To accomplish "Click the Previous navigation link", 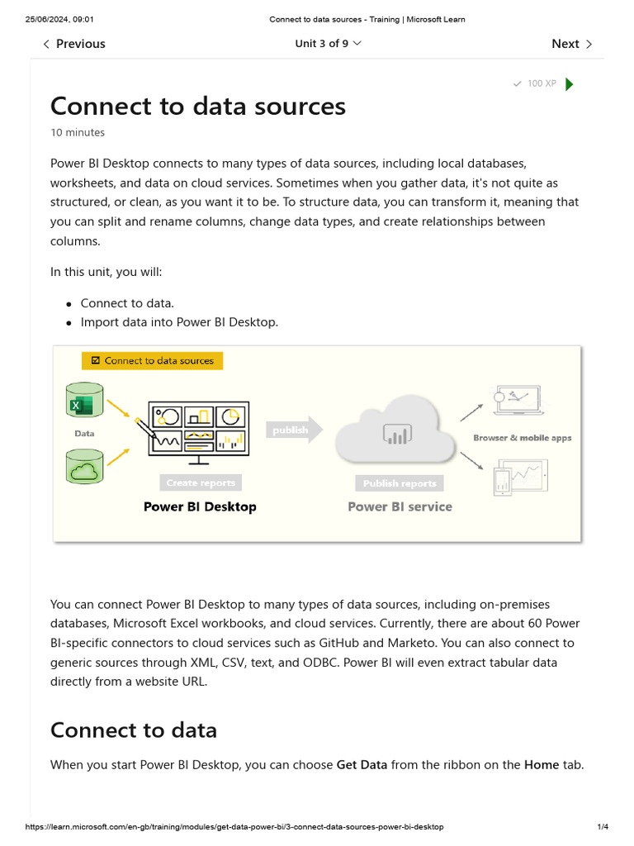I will pyautogui.click(x=74, y=44).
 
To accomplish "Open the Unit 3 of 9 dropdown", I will pyautogui.click(x=328, y=44).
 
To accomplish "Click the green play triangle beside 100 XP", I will pyautogui.click(x=569, y=83).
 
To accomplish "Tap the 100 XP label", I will pyautogui.click(x=541, y=83).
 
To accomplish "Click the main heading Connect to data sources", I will pyautogui.click(x=198, y=107).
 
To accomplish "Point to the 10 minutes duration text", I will pyautogui.click(x=78, y=132).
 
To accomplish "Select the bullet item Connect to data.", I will pyautogui.click(x=127, y=303).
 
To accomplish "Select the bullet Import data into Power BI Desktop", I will pyautogui.click(x=179, y=322).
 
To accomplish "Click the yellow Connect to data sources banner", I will pyautogui.click(x=153, y=360).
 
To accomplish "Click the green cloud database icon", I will pyautogui.click(x=84, y=468).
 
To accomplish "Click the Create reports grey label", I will pyautogui.click(x=201, y=483).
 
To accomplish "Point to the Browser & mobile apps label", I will pyautogui.click(x=522, y=438).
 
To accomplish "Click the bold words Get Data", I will pyautogui.click(x=362, y=765).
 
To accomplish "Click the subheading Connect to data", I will pyautogui.click(x=134, y=730).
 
